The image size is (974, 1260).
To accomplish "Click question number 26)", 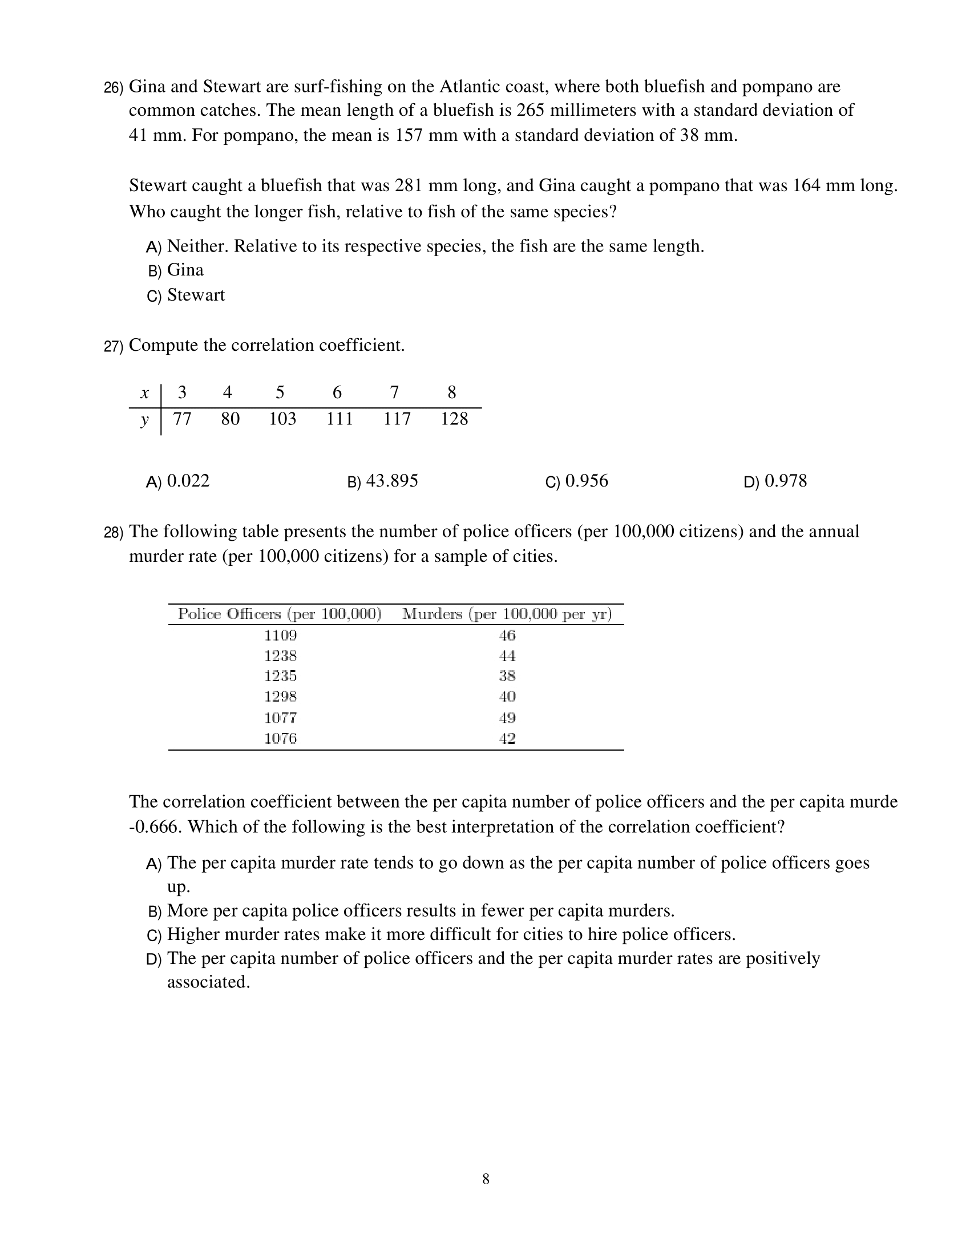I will pos(113,88).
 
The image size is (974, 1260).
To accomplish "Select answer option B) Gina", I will pos(175,270).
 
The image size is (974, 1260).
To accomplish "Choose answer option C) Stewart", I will pos(186,295).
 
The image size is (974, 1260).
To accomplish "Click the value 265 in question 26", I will pos(530,110).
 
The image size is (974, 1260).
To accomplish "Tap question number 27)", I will pos(113,346).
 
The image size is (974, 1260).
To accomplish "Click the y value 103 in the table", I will pos(282,419).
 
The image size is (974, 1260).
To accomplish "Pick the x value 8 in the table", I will pos(451,393).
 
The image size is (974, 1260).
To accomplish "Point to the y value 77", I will pos(182,419).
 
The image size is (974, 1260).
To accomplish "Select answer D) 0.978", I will pos(775,481).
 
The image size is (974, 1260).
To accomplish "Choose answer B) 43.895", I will pos(382,481).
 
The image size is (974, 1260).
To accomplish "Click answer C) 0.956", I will pos(576,481).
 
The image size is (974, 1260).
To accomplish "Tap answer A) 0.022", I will pos(177,481).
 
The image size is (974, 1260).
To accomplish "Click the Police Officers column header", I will pos(280,614).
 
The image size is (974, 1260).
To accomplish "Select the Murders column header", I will pos(507,614).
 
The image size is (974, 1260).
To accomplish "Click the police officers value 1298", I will pos(280,697).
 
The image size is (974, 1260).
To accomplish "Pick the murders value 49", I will pos(507,718).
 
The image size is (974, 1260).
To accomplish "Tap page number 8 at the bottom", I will pos(486,1179).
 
